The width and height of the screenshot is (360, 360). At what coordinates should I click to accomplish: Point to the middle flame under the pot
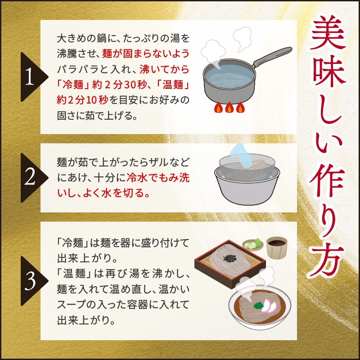click(x=229, y=107)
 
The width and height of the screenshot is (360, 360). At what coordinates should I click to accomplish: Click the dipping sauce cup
click(x=277, y=248)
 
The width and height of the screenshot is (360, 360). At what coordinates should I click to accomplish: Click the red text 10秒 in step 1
click(x=97, y=100)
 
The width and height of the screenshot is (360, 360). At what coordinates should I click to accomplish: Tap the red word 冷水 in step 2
click(x=137, y=178)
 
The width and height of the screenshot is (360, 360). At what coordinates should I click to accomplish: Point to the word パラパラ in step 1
click(x=77, y=70)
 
